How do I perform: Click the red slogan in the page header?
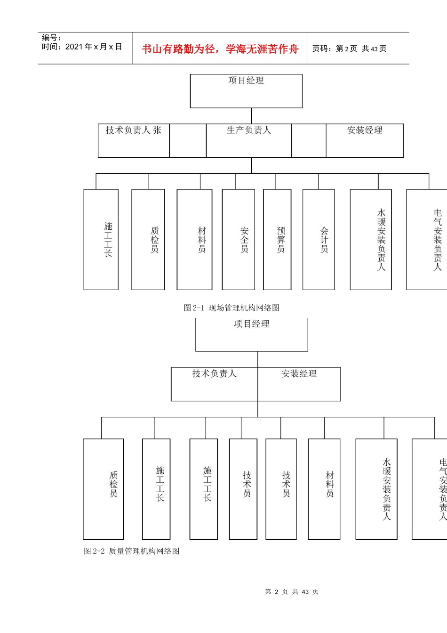(x=220, y=49)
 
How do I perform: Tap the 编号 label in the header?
(x=51, y=38)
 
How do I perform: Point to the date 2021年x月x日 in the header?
(x=82, y=47)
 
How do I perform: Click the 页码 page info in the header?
(x=349, y=49)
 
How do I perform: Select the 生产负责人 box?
(x=248, y=140)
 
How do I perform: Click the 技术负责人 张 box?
(x=134, y=140)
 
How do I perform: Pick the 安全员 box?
(x=239, y=239)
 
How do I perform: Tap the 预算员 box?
(x=277, y=239)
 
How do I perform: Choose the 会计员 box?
(x=319, y=239)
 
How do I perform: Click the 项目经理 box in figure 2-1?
(x=246, y=91)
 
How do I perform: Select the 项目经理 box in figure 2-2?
(x=252, y=334)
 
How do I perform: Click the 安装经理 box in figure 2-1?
(x=365, y=140)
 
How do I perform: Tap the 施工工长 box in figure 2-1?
(x=101, y=239)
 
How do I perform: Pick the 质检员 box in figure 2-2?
(x=104, y=489)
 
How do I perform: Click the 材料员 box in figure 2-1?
(x=194, y=239)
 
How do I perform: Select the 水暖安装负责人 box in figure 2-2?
(x=376, y=489)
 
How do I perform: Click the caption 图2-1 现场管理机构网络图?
(x=231, y=308)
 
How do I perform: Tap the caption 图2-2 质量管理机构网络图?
(x=132, y=551)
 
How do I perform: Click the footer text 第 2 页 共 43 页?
(x=292, y=592)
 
